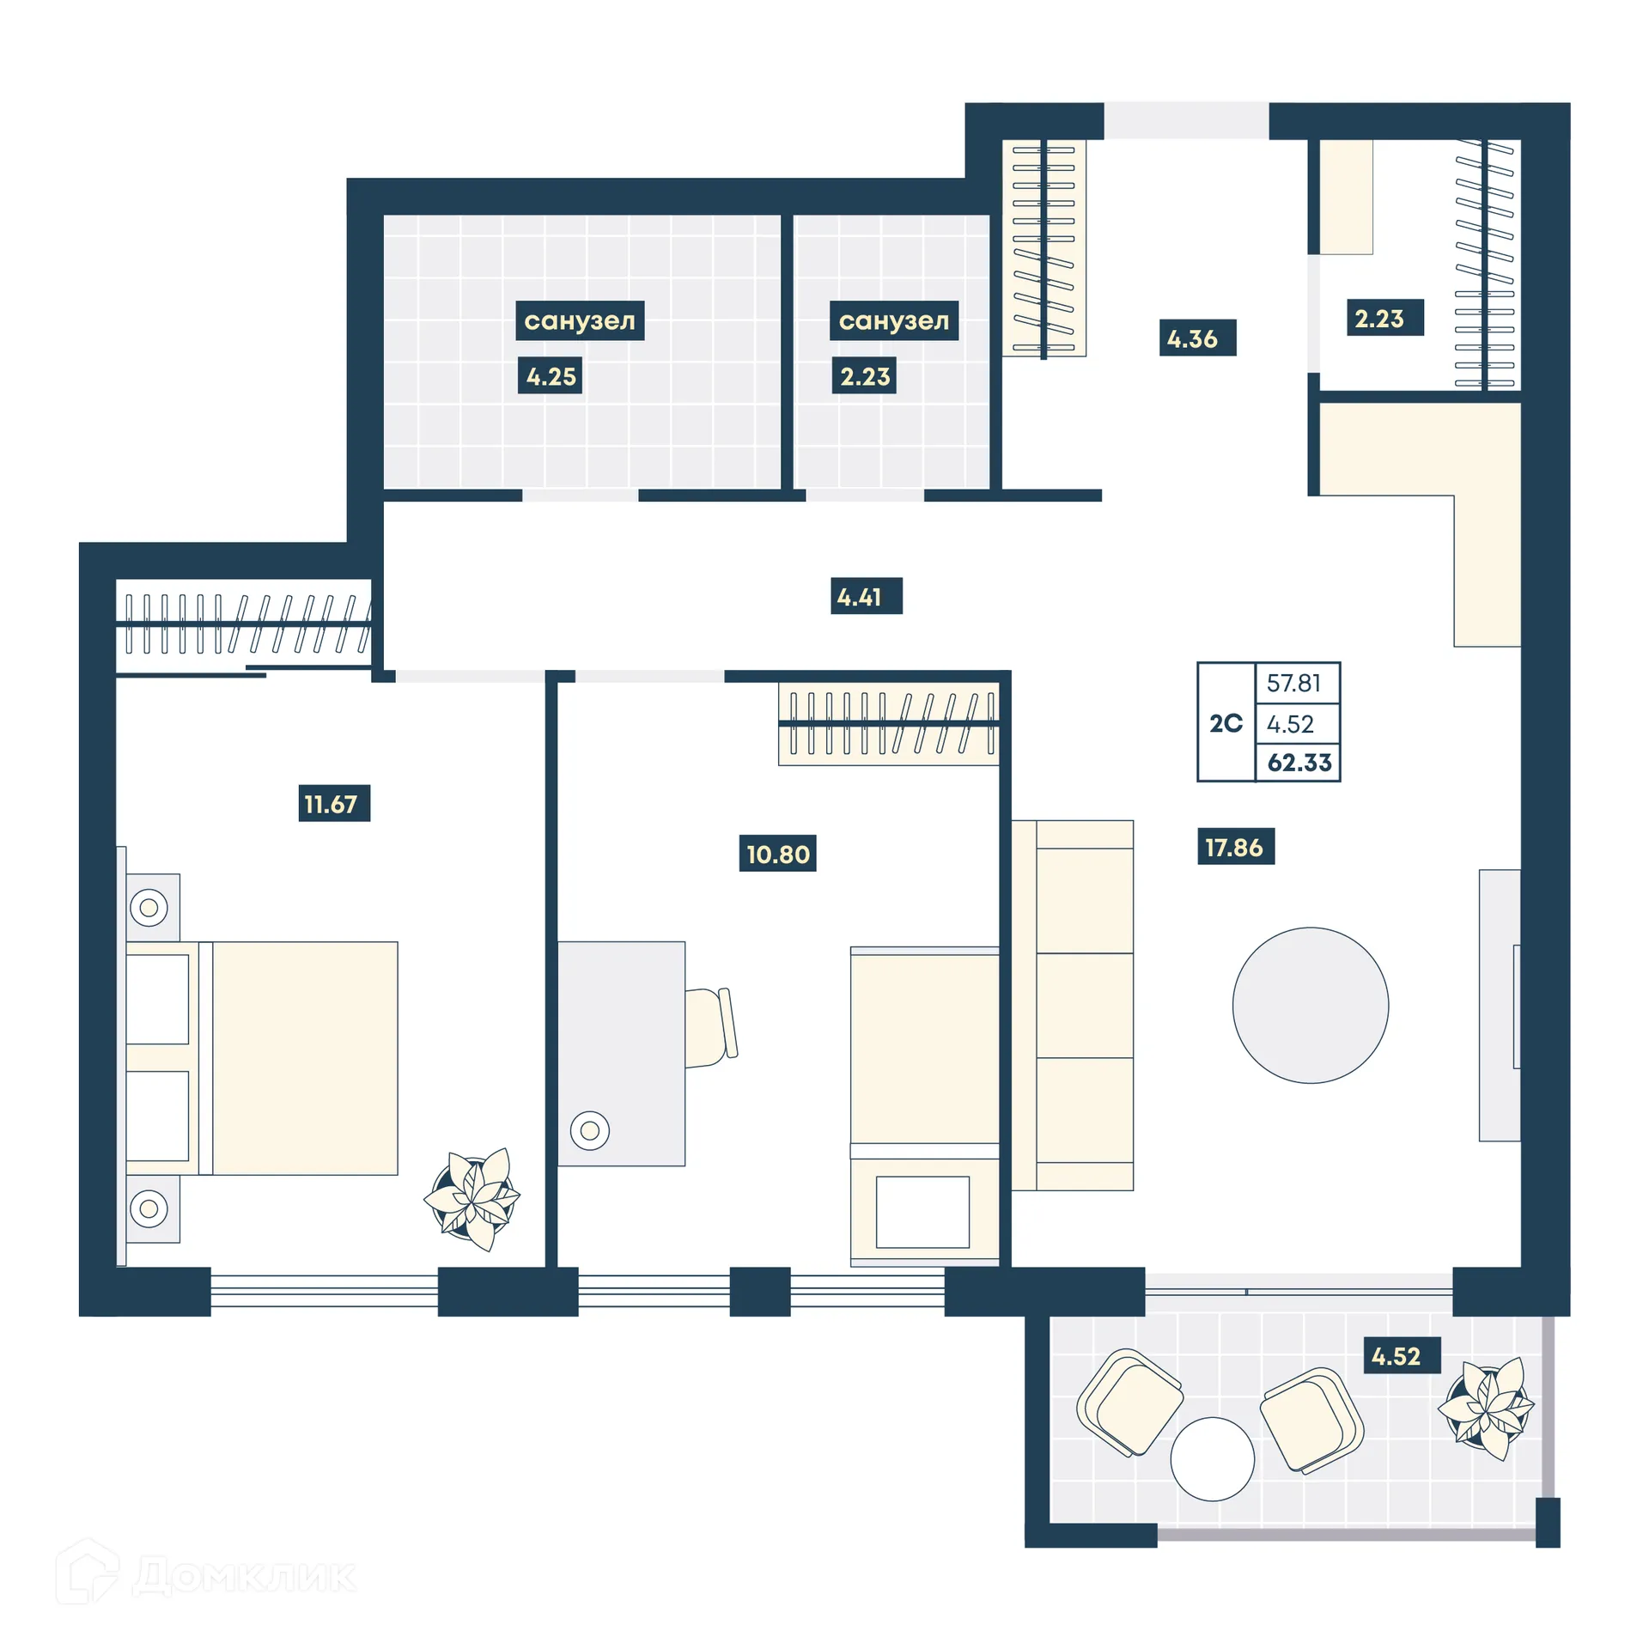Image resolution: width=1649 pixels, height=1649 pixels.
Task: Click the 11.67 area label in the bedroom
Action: click(334, 803)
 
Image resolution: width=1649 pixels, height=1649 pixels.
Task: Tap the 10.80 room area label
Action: click(777, 854)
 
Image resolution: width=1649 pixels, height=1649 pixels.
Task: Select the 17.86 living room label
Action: click(1235, 847)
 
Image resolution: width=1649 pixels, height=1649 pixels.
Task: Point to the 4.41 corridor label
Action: click(866, 596)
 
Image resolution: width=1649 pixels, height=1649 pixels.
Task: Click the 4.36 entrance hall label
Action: click(1197, 338)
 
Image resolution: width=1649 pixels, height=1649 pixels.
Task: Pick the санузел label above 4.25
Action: click(580, 320)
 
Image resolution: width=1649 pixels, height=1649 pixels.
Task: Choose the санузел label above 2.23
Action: click(894, 320)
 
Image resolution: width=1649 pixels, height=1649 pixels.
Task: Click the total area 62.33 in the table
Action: click(1299, 763)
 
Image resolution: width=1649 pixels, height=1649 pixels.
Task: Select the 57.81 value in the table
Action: click(1293, 683)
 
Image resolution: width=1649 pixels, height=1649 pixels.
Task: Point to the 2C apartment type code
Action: click(1226, 723)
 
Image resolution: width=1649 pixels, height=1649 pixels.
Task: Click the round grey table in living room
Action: click(1310, 1005)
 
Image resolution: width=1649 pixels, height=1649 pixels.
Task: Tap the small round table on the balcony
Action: click(1212, 1458)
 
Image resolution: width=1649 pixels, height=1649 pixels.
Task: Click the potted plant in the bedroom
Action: click(473, 1198)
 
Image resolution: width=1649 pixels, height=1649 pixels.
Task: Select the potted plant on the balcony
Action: click(1486, 1409)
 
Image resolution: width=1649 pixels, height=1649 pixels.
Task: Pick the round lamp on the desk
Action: click(589, 1130)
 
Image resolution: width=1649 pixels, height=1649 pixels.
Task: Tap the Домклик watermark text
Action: click(245, 1575)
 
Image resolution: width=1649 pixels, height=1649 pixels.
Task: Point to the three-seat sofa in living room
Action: click(1073, 1005)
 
